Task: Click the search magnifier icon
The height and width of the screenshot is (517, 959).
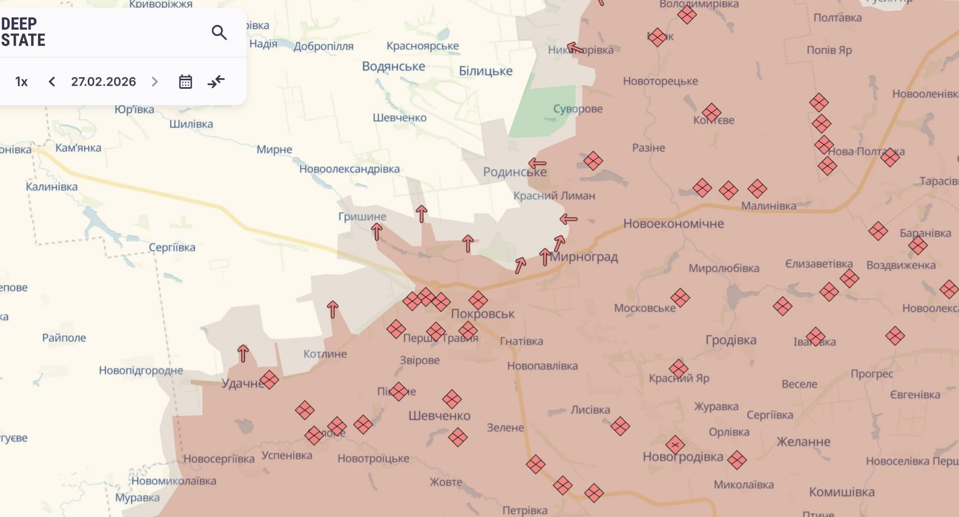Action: point(219,33)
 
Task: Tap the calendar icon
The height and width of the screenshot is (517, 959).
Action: point(185,82)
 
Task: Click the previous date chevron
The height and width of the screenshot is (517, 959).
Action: point(52,82)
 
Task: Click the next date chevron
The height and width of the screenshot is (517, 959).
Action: point(154,82)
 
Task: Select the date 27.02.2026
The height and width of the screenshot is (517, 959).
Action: point(104,82)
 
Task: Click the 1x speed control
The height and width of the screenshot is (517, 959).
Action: point(21,82)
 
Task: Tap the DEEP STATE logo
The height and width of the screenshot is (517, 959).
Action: point(23,32)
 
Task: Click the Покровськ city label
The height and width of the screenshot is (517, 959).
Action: point(483,314)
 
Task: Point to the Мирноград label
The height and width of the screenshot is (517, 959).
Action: point(584,257)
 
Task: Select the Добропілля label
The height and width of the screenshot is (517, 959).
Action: point(324,46)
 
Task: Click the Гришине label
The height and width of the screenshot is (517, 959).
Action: point(362,217)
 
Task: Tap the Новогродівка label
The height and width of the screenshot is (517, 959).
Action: point(683,457)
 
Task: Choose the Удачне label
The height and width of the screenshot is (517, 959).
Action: point(243,383)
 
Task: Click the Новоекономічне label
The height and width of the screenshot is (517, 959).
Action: point(674,224)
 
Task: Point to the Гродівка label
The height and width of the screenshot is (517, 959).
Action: point(731,340)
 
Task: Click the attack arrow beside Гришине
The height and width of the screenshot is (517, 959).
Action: point(376,231)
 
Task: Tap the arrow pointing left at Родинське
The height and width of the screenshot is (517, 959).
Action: point(537,163)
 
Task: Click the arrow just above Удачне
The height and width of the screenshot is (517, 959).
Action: point(243,353)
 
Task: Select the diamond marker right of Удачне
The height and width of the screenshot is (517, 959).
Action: point(269,380)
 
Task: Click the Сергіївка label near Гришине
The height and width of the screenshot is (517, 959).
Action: point(172,247)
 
